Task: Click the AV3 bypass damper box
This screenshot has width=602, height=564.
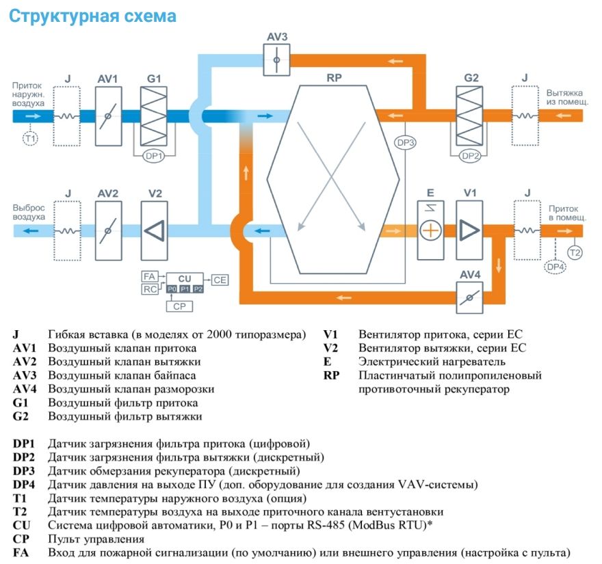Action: pos(276,60)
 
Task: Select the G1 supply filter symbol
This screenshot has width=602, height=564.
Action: pos(154,116)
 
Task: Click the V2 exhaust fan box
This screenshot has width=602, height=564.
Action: pos(155,230)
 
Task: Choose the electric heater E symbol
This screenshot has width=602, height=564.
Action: pos(430,230)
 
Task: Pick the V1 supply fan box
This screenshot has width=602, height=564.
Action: pos(469,230)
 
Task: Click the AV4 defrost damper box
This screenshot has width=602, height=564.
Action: pos(469,298)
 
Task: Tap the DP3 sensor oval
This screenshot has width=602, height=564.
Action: pos(406,143)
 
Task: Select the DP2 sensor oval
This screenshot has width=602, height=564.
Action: pos(471,156)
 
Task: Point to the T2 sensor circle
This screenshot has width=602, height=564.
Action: pos(575,252)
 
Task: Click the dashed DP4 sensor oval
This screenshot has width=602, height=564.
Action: pos(555,267)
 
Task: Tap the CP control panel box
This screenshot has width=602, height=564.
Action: pos(179,306)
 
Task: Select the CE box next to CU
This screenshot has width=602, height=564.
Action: pos(220,280)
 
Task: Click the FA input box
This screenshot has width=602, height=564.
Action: pos(149,276)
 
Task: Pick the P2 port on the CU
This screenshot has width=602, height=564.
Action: pos(198,289)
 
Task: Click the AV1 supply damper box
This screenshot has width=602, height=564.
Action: pos(108,116)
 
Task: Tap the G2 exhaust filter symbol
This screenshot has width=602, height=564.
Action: pos(469,116)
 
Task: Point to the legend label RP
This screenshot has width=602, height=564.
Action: pos(331,375)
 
